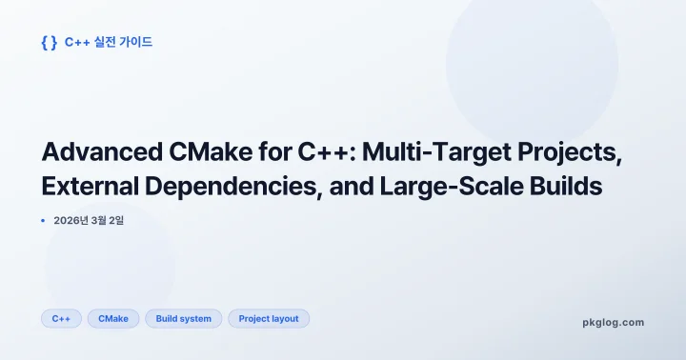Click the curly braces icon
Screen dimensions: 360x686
coord(49,42)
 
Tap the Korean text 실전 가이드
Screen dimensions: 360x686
coord(123,42)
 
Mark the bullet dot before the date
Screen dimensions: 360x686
coord(44,220)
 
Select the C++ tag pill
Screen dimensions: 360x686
coord(61,318)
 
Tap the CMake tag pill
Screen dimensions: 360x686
coord(113,318)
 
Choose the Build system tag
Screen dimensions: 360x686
coord(184,318)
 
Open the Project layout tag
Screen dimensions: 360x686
coord(269,318)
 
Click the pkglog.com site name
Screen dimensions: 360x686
coord(613,322)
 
